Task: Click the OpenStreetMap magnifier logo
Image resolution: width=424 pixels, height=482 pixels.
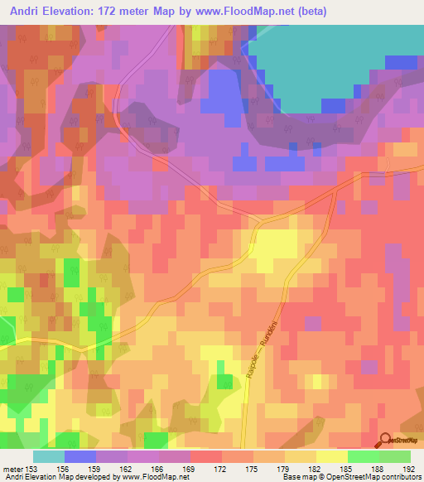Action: tap(386, 441)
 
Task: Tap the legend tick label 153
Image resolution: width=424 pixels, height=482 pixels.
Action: tap(32, 468)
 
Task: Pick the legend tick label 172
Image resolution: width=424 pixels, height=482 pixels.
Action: tap(221, 468)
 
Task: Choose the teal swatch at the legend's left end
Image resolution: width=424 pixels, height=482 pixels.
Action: tap(48, 456)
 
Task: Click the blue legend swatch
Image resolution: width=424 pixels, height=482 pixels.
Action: tap(79, 456)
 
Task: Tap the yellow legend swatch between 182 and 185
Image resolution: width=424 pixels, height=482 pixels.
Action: tap(331, 456)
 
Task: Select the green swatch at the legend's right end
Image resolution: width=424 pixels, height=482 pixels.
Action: tap(394, 456)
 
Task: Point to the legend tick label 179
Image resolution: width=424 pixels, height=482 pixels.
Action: tap(284, 468)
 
